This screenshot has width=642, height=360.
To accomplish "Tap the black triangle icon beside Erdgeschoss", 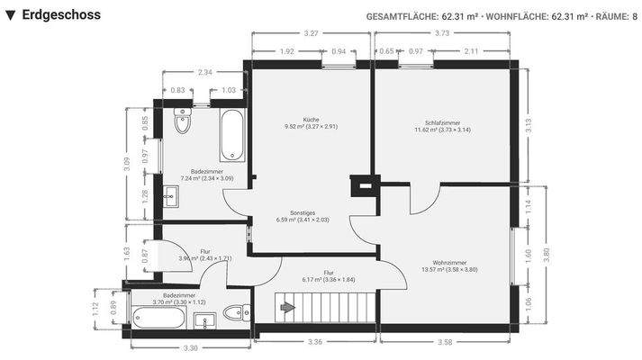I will point(10,15).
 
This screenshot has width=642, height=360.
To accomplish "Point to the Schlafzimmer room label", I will point(442,122).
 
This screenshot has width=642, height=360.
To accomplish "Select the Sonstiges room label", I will point(292,211).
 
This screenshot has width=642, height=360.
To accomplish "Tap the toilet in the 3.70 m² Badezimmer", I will point(233,313).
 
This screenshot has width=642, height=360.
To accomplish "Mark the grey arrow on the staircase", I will point(288,309).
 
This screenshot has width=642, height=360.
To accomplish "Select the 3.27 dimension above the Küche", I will point(311,33).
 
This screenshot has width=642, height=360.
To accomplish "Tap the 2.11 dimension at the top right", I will point(470,51).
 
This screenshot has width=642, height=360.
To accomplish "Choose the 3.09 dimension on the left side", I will point(127,163).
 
